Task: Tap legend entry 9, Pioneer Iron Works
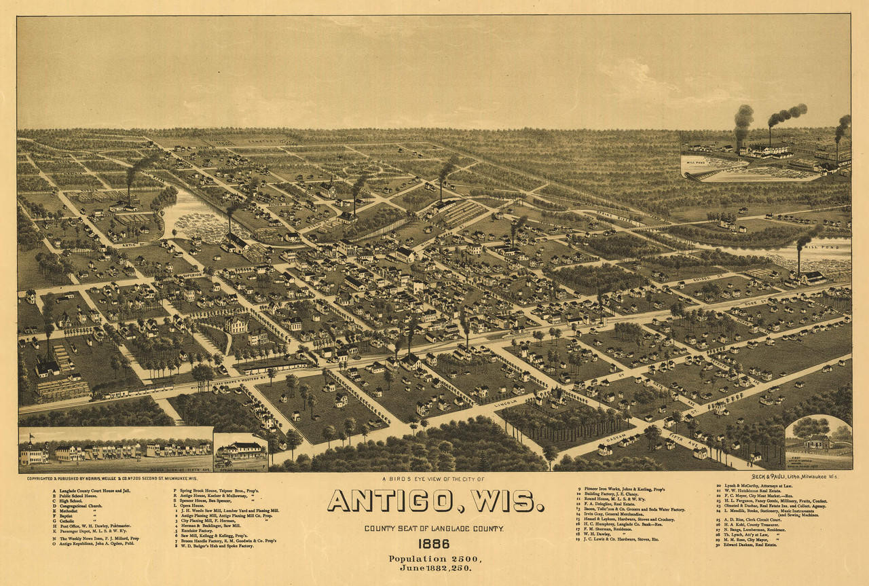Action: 625,489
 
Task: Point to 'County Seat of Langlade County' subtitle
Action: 434,528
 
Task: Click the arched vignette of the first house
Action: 818,441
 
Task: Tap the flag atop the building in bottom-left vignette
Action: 31,437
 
